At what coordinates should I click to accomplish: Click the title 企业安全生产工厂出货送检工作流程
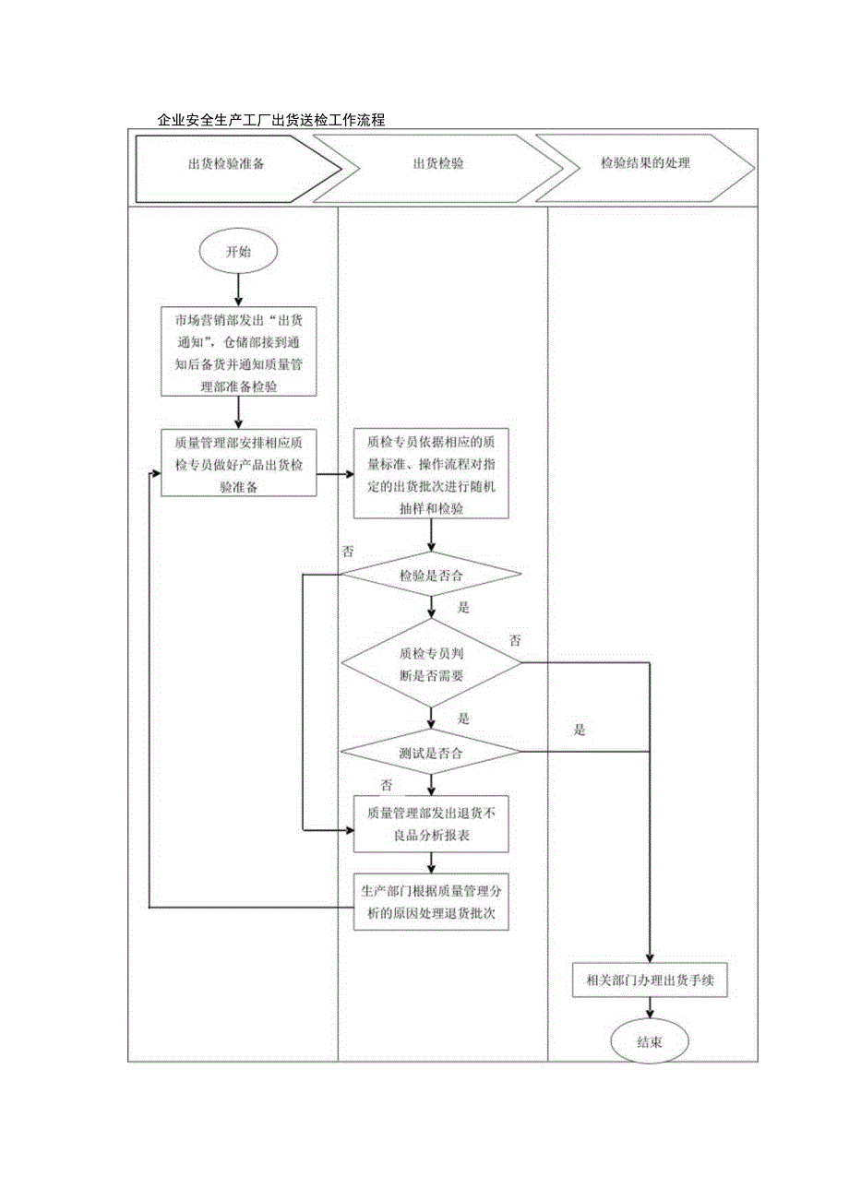point(270,120)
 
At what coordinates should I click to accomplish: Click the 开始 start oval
point(238,252)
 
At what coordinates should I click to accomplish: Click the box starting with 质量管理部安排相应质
point(238,463)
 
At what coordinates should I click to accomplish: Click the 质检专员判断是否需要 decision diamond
point(432,662)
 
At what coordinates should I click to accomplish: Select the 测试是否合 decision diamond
point(432,753)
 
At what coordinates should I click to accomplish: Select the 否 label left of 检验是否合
point(349,552)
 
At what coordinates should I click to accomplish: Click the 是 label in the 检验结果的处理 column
point(580,731)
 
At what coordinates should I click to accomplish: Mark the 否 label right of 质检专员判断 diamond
point(515,640)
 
